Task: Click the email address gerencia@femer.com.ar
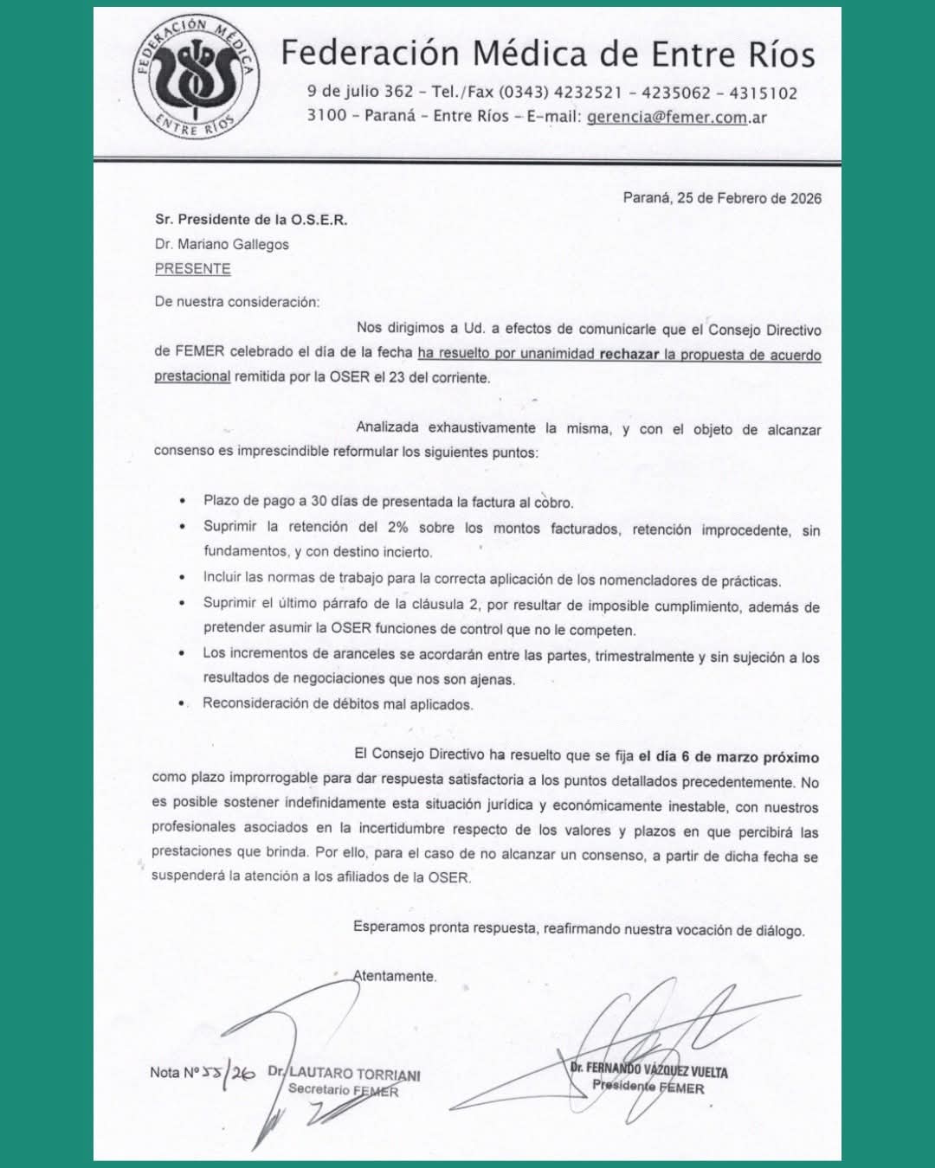click(x=676, y=117)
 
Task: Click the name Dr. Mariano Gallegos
click(x=222, y=244)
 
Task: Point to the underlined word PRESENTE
click(x=192, y=268)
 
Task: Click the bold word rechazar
click(x=629, y=354)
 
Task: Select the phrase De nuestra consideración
click(x=236, y=302)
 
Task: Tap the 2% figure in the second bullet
click(x=397, y=527)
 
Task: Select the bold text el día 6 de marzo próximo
click(x=729, y=757)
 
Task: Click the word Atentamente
click(x=395, y=976)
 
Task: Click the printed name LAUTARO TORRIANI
click(x=354, y=1074)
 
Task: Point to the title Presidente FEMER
click(x=648, y=1087)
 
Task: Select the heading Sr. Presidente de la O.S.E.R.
click(x=251, y=220)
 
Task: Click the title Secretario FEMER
click(x=343, y=1090)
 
